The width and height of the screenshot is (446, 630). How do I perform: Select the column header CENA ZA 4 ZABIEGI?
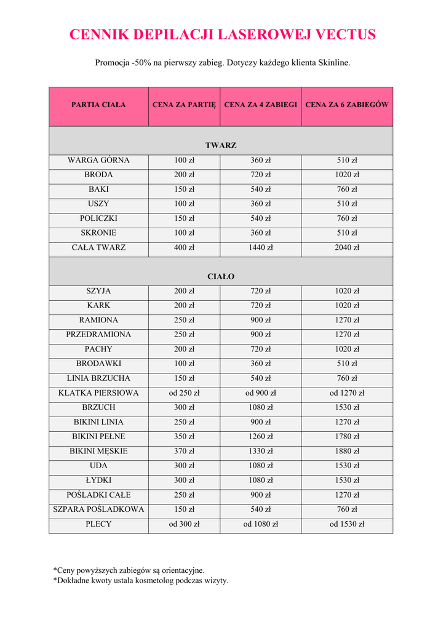click(x=261, y=105)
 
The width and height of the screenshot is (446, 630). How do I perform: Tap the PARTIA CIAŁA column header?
click(x=98, y=105)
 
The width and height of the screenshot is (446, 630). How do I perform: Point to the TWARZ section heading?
click(x=221, y=145)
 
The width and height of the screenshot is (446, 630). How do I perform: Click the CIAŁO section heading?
click(x=221, y=276)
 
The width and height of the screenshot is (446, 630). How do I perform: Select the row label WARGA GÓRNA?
click(x=98, y=161)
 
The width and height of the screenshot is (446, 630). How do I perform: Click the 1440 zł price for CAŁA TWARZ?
click(x=261, y=247)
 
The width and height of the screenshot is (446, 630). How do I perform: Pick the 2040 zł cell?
click(x=347, y=247)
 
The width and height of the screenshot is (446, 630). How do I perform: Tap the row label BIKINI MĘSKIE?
click(x=98, y=451)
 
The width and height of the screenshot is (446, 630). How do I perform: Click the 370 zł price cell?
click(x=184, y=451)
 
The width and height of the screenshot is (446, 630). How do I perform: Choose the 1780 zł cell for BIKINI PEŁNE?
click(x=347, y=436)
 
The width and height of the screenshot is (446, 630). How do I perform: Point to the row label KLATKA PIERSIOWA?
click(x=98, y=393)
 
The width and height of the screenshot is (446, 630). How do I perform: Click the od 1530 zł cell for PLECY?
click(x=347, y=524)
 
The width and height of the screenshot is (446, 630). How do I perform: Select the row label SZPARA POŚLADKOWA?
click(x=98, y=509)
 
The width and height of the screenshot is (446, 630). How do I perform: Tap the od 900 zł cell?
click(x=261, y=393)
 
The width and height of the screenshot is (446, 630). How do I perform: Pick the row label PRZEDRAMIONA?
click(x=98, y=335)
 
